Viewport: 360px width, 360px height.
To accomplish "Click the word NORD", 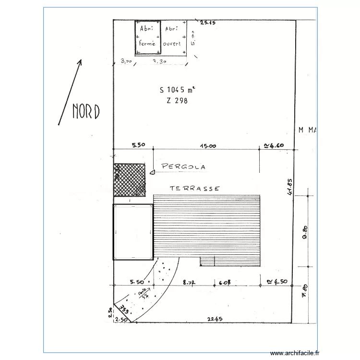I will coord(86,111).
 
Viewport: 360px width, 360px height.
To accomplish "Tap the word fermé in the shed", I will coord(147,43).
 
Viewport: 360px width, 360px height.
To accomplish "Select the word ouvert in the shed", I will coord(172,43).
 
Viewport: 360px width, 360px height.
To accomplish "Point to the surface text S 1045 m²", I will coord(177,89).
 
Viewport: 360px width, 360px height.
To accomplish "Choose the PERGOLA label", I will coord(183,167).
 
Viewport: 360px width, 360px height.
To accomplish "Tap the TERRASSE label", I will coord(195,189).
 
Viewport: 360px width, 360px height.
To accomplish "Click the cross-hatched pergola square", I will coord(129,180).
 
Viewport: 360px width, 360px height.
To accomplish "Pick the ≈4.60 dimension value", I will coord(275,146).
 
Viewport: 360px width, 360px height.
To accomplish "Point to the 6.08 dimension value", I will coord(225,282).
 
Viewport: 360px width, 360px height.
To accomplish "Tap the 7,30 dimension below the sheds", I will coord(159,61).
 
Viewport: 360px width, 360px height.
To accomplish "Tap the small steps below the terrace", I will coord(207,261).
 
